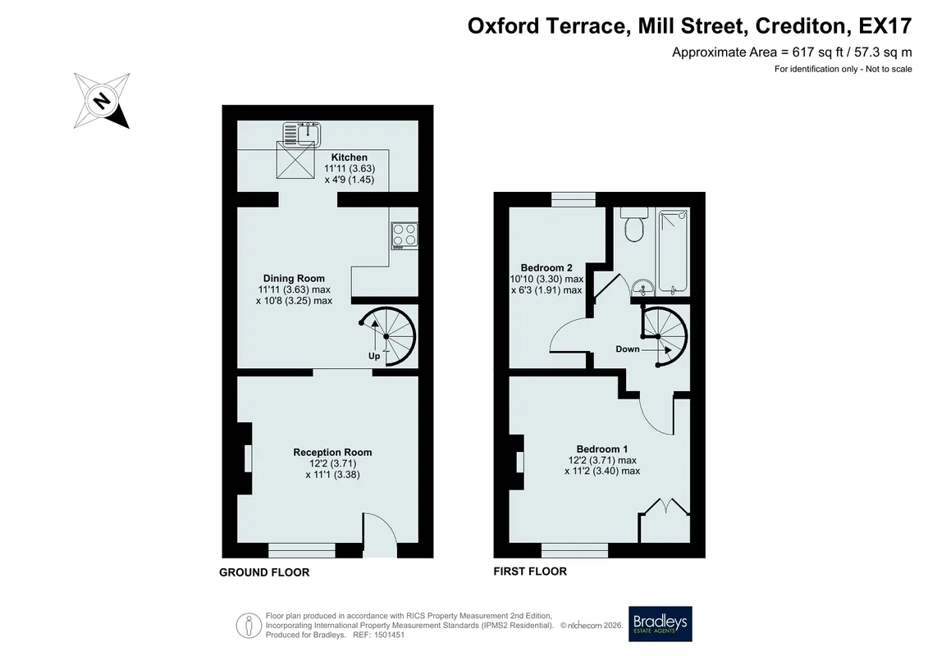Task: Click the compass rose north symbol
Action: [x=102, y=101]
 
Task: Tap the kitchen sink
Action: [x=301, y=134]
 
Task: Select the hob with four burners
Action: [x=405, y=235]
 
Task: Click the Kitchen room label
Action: [x=350, y=157]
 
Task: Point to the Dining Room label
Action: [x=294, y=279]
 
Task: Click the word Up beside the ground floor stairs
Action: [x=374, y=356]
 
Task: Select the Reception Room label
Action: [x=332, y=453]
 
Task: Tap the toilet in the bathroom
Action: [x=634, y=224]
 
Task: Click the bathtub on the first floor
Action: [x=674, y=251]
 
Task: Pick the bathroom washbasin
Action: [x=642, y=288]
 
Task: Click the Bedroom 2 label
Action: [x=546, y=268]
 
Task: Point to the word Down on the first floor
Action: [x=628, y=349]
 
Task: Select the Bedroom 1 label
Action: [x=602, y=449]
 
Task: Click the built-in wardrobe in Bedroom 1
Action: [x=665, y=521]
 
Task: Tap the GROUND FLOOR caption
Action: [x=264, y=572]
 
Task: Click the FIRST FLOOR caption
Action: [x=530, y=572]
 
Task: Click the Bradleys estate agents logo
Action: [x=660, y=623]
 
